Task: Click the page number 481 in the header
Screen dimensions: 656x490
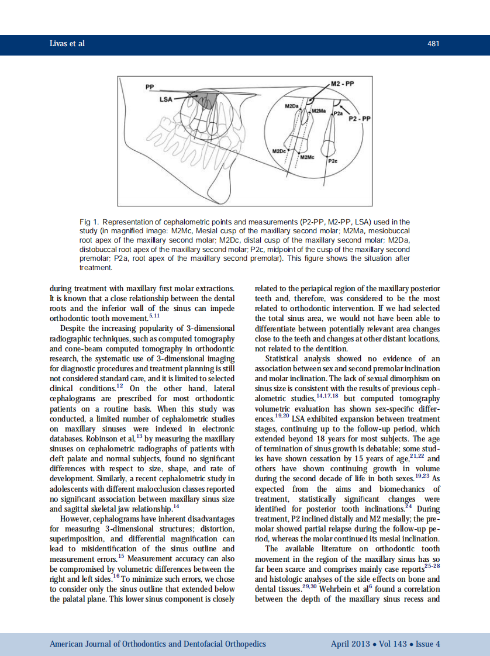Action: [433, 44]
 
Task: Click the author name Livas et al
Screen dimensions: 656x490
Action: [67, 44]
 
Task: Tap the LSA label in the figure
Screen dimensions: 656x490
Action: [166, 99]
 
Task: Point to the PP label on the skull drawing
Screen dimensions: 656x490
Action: [150, 87]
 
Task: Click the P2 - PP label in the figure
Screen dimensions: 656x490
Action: [360, 119]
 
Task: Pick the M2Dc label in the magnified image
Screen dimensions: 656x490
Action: [280, 151]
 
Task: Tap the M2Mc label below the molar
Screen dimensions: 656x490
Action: [308, 158]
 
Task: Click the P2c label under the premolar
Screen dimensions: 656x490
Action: [332, 160]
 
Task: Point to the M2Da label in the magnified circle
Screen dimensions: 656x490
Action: [291, 106]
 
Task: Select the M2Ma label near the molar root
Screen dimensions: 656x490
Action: [319, 111]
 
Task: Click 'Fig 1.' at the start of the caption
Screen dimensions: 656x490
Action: [88, 222]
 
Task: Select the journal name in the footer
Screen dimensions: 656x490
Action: [158, 644]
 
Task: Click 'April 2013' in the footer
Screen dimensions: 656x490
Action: [350, 644]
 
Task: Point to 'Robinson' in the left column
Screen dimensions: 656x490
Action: [103, 454]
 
